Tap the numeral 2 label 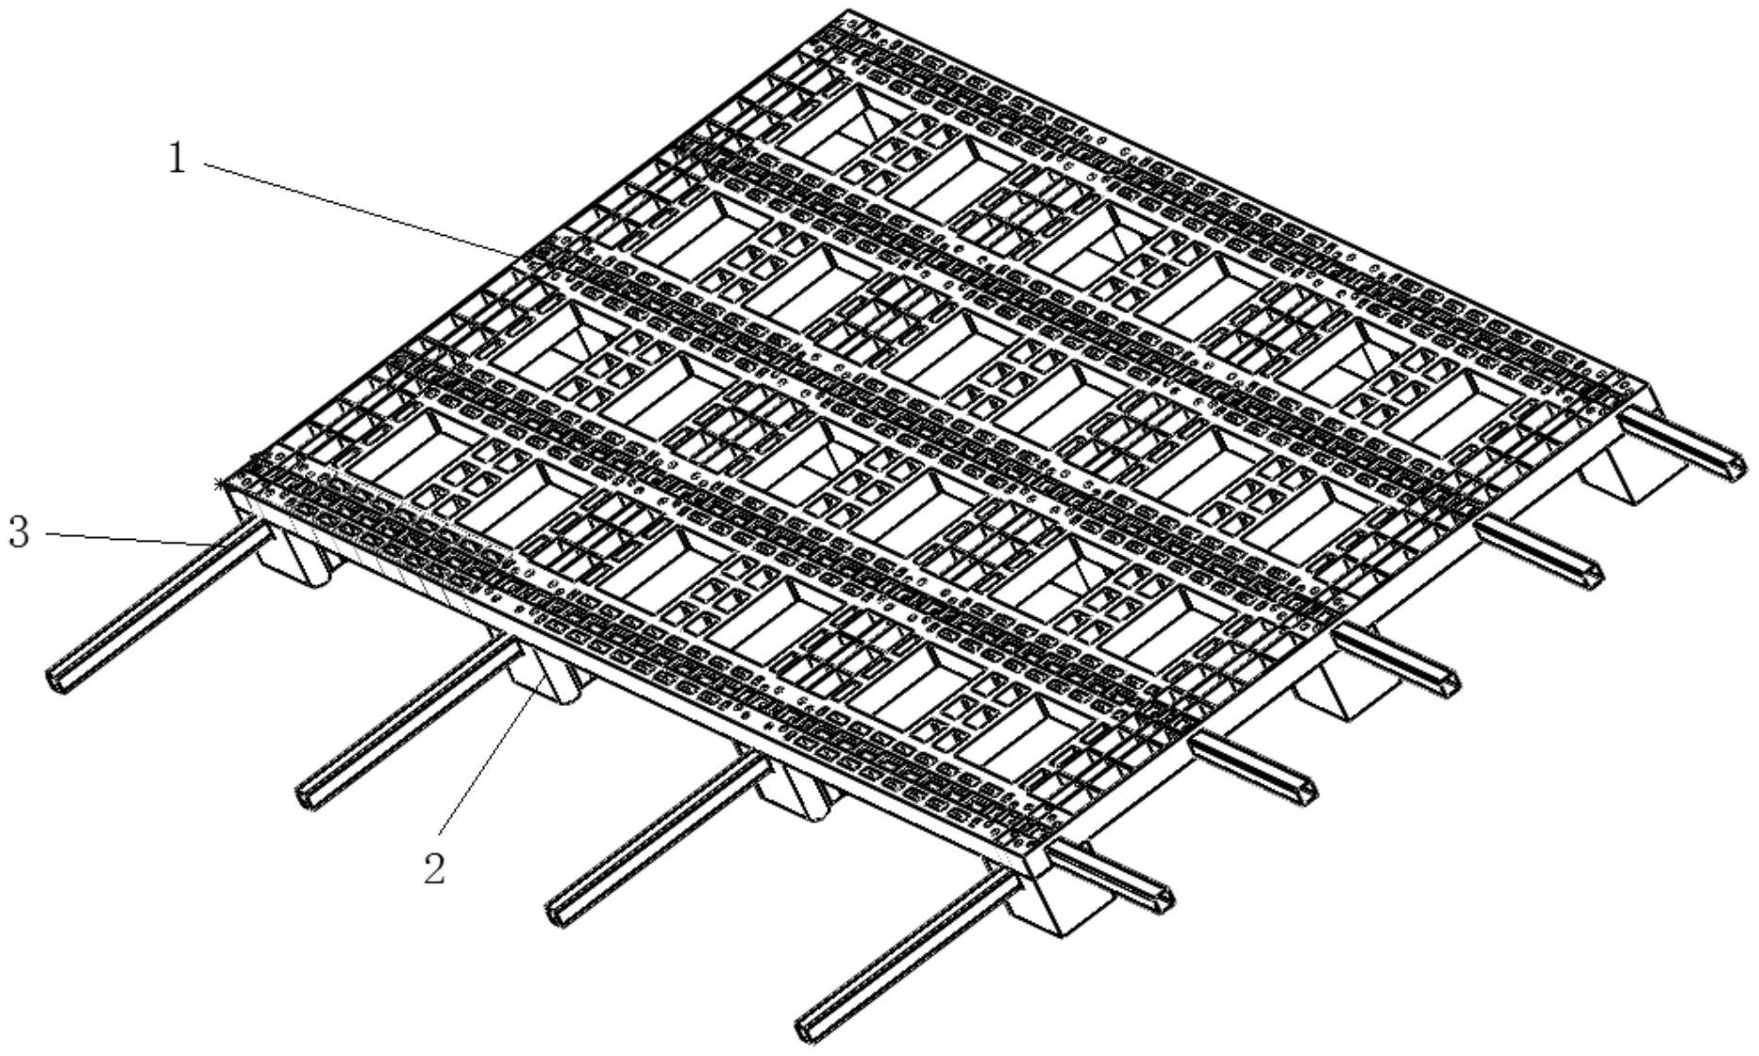pos(435,867)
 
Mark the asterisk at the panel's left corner pos(221,484)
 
